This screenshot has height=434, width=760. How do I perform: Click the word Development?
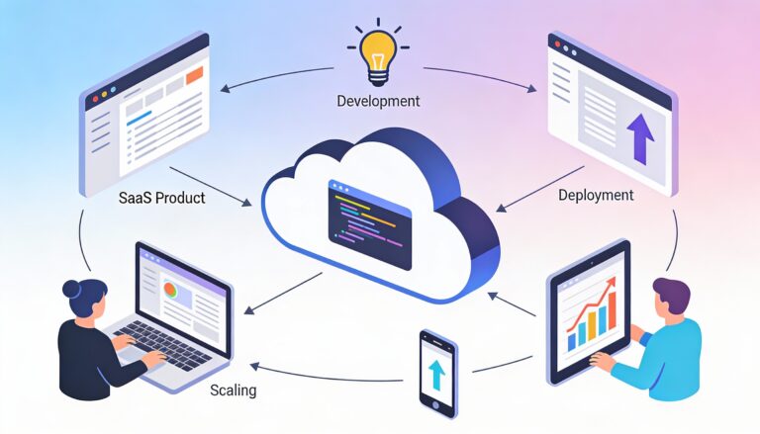(x=378, y=101)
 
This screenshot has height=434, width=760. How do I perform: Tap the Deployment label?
(x=596, y=195)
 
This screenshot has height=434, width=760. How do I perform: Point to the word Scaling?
(x=233, y=391)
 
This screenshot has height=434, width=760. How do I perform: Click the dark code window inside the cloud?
(x=369, y=224)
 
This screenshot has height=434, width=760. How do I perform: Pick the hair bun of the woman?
(x=72, y=290)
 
